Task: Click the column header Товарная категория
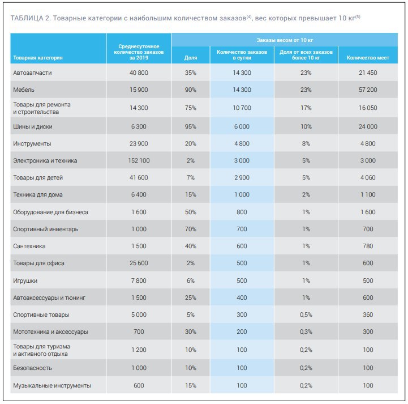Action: point(38,58)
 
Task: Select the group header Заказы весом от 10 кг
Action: point(285,40)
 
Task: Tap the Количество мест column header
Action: point(368,58)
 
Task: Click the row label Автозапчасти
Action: point(32,73)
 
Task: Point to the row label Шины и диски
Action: point(33,126)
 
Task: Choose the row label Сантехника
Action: point(29,246)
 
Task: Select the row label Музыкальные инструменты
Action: point(52,385)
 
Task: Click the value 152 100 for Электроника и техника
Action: point(139,160)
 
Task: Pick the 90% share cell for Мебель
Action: point(191,90)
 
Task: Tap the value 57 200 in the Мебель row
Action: point(368,90)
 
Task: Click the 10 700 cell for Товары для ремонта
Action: point(242,108)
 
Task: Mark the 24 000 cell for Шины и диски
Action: point(368,126)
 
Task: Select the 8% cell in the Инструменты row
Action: point(306,143)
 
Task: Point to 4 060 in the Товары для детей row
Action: point(368,178)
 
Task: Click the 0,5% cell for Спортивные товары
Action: point(306,314)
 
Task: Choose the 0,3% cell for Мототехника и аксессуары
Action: point(306,331)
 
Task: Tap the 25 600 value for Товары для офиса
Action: point(139,263)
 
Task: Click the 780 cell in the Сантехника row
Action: point(368,246)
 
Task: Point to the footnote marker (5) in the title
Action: point(358,17)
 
